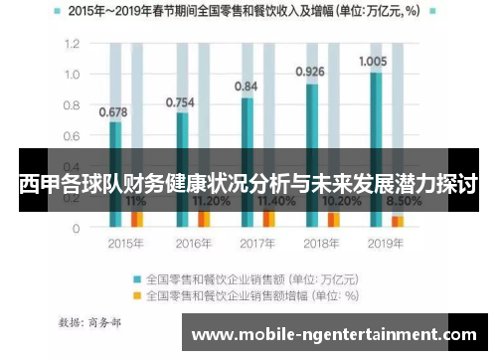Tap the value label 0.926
point(311,72)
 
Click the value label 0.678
point(114,110)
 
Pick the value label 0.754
point(179,100)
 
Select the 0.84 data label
point(246,87)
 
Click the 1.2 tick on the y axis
point(72,45)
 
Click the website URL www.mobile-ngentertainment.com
point(334,335)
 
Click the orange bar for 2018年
point(334,219)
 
